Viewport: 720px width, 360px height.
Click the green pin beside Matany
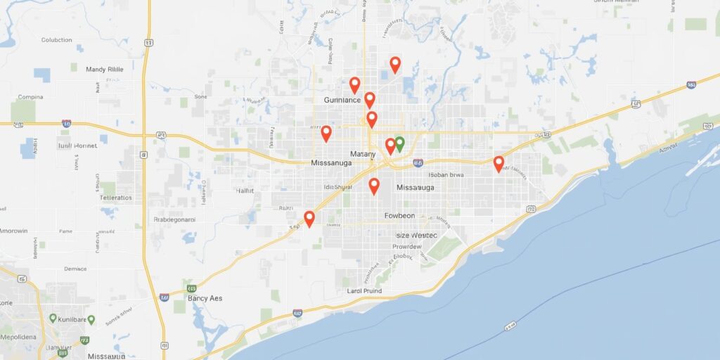pos(399,144)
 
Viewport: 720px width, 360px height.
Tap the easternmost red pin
pos(499,164)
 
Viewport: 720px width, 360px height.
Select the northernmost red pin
pos(395,65)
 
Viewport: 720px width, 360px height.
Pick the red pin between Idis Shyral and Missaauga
pos(374,186)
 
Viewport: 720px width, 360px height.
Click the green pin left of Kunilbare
pos(53,319)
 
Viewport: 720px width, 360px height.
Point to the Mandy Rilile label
pos(104,70)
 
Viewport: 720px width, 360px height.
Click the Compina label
pos(30,97)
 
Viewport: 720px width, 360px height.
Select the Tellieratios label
pos(115,198)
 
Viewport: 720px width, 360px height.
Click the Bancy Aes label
pos(205,298)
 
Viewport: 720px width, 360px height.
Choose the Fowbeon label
pos(399,215)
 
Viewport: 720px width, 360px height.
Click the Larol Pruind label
pos(364,290)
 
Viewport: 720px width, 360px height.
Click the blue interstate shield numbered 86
pos(418,162)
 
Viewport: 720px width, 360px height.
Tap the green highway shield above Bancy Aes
pos(191,288)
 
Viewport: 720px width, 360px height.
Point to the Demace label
pos(75,269)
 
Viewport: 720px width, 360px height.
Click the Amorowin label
pos(14,231)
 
